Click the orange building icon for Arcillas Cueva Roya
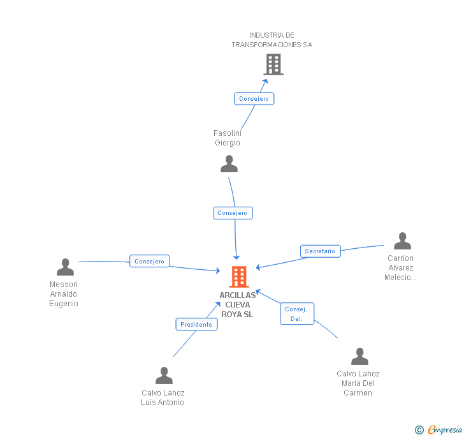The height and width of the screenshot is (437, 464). point(239,277)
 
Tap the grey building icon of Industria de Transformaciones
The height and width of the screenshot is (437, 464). point(273,64)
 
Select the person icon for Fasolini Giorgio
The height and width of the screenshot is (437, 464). point(229,164)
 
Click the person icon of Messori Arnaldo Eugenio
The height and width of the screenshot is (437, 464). point(65,267)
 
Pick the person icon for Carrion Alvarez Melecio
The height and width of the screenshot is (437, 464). point(402,241)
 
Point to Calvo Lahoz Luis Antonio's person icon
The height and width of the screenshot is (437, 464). point(164,376)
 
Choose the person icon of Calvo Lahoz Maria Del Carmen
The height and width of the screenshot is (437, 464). point(359,357)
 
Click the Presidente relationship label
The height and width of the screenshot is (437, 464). point(196,324)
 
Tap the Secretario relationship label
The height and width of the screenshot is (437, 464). point(320,251)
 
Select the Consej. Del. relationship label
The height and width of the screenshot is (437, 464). point(297,314)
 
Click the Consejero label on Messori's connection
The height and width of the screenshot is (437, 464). point(150,261)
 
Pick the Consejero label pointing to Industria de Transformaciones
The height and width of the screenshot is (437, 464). point(254,99)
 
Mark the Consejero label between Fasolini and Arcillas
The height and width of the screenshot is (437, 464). point(233,213)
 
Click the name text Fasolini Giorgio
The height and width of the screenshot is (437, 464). point(228,138)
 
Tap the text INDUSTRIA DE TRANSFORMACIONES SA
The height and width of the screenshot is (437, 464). point(272,40)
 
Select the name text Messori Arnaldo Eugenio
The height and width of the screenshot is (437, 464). point(64,294)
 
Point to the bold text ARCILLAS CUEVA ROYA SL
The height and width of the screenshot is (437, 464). point(238,305)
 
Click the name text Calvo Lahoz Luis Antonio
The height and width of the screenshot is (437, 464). point(163,397)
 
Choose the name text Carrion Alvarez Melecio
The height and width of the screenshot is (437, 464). point(400,268)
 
